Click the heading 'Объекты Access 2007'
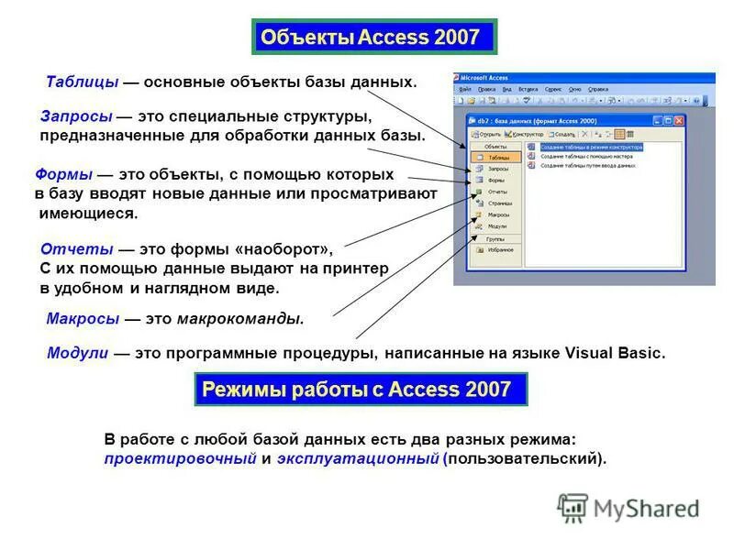371,38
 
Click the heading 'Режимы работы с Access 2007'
356,389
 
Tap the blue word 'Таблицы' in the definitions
83,82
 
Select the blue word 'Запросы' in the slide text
76,117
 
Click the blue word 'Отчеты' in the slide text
78,249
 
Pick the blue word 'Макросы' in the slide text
83,319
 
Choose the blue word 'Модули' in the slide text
78,353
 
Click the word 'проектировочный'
180,458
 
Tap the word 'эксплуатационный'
358,458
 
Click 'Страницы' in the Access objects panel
500,203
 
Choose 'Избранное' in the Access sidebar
500,249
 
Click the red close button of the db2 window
679,120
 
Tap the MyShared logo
629,507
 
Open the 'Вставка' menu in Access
528,89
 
